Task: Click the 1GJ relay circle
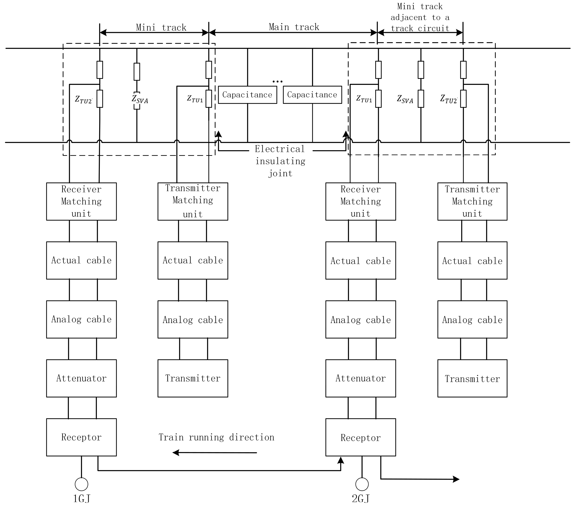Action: pyautogui.click(x=81, y=484)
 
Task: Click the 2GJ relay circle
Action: pyautogui.click(x=362, y=484)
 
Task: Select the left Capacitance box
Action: pyautogui.click(x=247, y=95)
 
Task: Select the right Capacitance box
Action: pyautogui.click(x=312, y=95)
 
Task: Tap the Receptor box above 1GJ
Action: pyautogui.click(x=81, y=437)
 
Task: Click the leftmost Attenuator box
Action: pyautogui.click(x=81, y=378)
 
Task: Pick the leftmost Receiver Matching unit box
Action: pyautogui.click(x=81, y=201)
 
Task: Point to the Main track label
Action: pyautogui.click(x=294, y=27)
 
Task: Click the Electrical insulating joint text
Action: pyautogui.click(x=280, y=161)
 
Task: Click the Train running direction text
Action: pyautogui.click(x=216, y=437)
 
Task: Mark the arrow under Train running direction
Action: pyautogui.click(x=214, y=453)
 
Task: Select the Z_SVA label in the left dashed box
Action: pyautogui.click(x=140, y=99)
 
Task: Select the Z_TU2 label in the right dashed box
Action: pyautogui.click(x=449, y=99)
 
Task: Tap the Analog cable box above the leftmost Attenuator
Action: pyautogui.click(x=81, y=319)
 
